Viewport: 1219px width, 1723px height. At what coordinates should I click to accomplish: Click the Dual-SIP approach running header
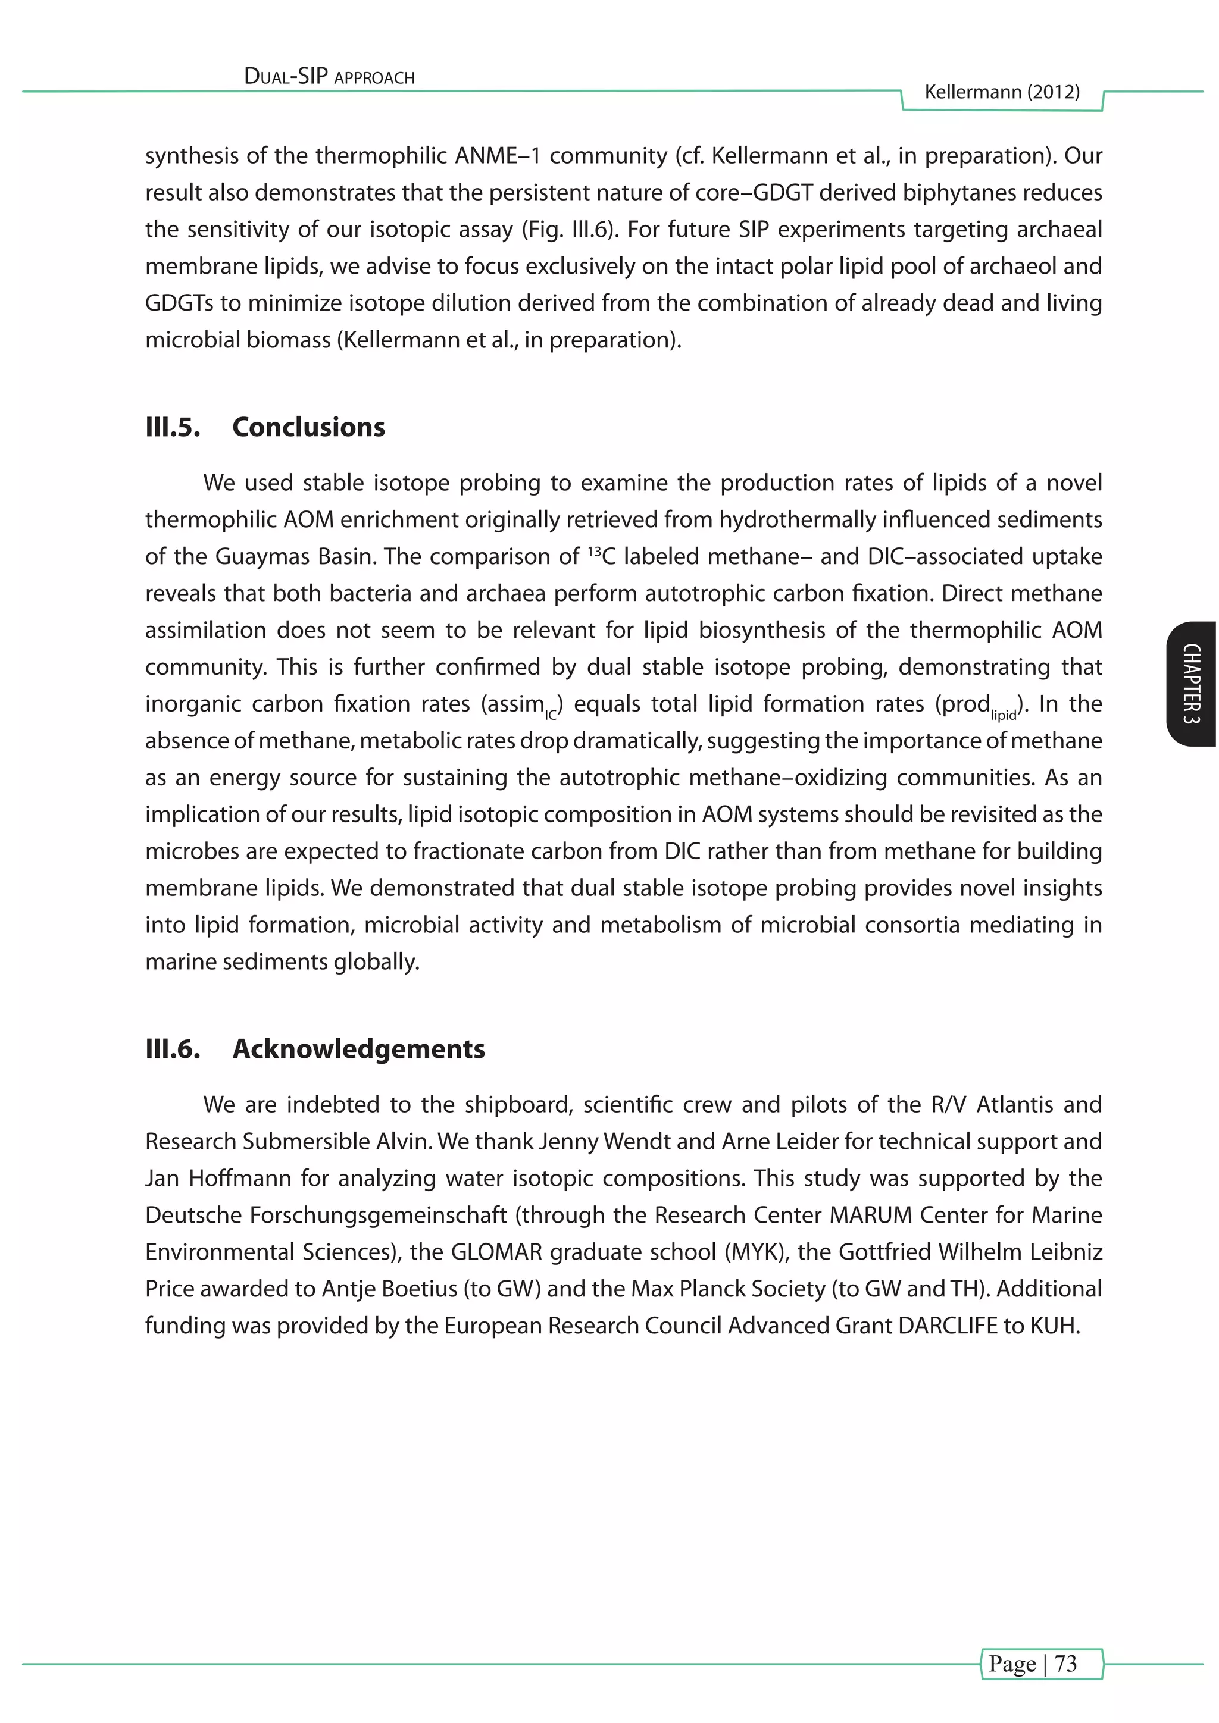click(x=330, y=77)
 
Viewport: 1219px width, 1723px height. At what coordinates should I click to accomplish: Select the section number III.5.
click(x=173, y=427)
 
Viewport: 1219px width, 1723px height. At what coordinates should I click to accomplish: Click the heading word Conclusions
click(x=308, y=427)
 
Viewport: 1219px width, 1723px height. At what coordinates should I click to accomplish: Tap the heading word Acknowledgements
click(x=359, y=1048)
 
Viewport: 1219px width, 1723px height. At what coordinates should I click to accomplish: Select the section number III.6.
click(x=173, y=1048)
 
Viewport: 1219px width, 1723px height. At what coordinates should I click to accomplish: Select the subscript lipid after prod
click(x=1003, y=716)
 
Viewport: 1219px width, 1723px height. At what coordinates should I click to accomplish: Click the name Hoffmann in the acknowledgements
click(x=240, y=1178)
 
